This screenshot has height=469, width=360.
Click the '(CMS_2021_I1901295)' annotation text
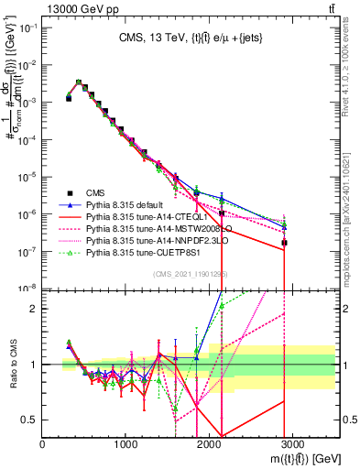[190, 276]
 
